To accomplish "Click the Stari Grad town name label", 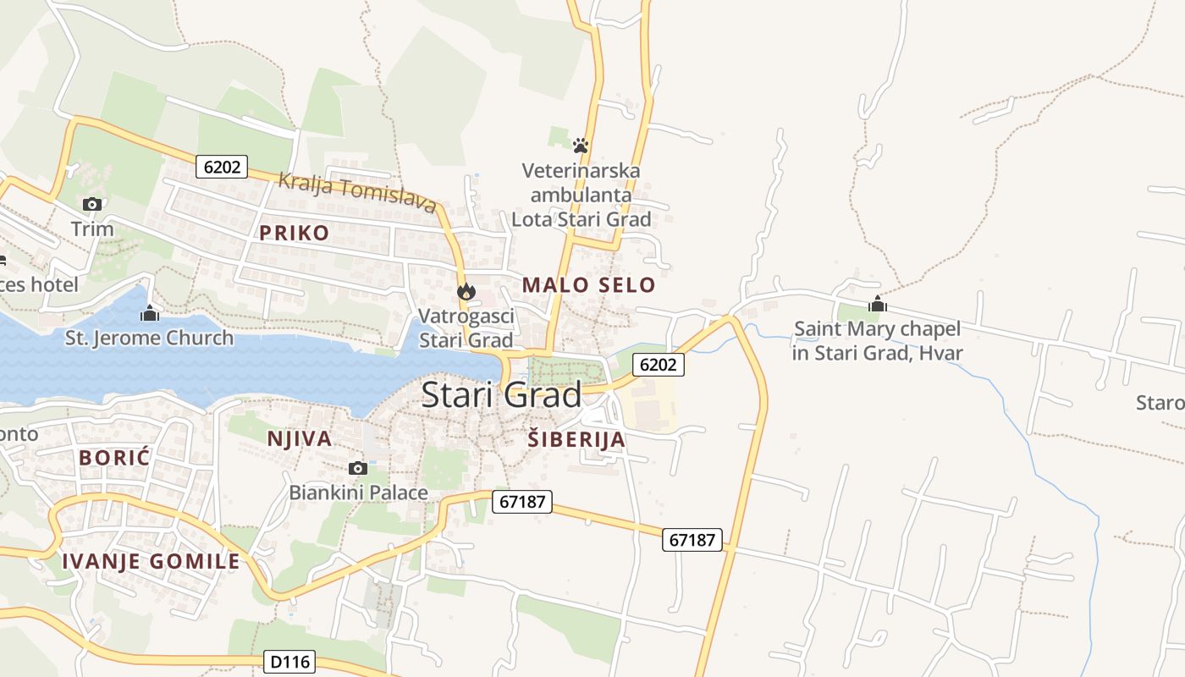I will [x=501, y=395].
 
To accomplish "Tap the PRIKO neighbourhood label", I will [x=295, y=234].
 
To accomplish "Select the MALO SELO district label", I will [x=588, y=285].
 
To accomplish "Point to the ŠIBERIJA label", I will [x=576, y=439].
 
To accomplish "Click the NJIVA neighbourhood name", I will [x=300, y=438].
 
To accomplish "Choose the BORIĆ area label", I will [x=114, y=458].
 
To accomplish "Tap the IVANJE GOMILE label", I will [x=152, y=561].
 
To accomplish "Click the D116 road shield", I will [x=290, y=662].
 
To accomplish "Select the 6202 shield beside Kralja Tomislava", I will [x=222, y=167].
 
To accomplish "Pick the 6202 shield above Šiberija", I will [x=659, y=365].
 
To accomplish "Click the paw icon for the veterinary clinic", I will [x=581, y=146].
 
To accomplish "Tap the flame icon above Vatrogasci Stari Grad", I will [x=466, y=292].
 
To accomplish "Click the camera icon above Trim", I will [x=92, y=204].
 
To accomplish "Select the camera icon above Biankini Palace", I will [x=358, y=468].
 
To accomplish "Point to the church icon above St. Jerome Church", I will [x=150, y=313].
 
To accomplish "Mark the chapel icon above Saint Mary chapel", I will [x=878, y=304].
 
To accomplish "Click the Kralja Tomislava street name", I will [x=357, y=193].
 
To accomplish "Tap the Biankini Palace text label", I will [x=359, y=492].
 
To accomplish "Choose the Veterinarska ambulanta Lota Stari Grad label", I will [x=581, y=195].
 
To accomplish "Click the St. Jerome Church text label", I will [x=149, y=338].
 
